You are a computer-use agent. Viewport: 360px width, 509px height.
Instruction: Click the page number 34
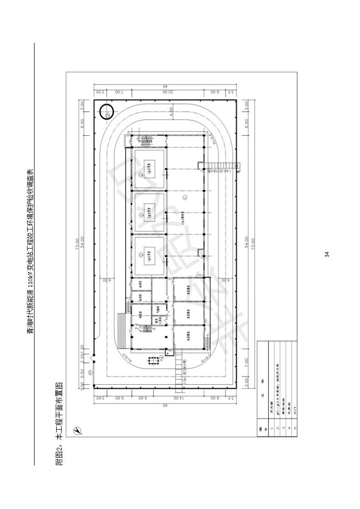(x=326, y=254)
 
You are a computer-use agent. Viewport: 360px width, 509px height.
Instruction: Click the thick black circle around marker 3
(x=106, y=112)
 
